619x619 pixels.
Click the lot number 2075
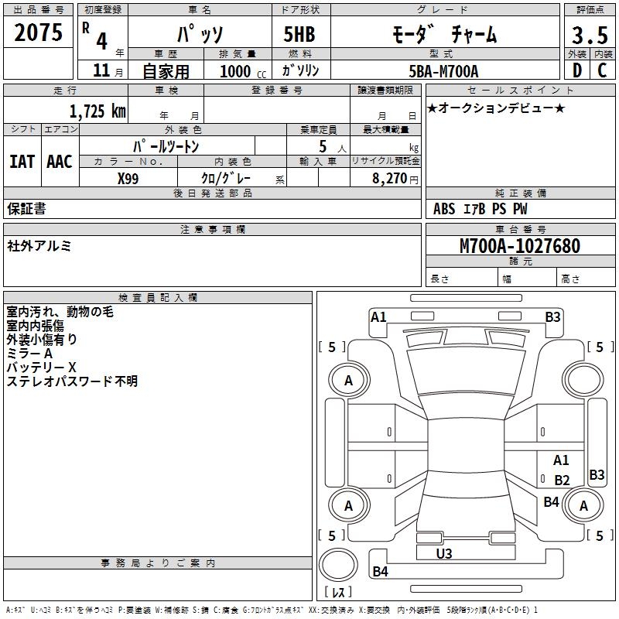tap(39, 33)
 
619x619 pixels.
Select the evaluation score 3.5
tap(589, 35)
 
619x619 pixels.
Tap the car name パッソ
tap(199, 34)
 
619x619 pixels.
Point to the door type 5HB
tap(299, 34)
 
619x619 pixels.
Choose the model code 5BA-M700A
tap(443, 71)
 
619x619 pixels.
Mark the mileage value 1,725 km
tap(97, 111)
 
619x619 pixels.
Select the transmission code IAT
tap(22, 162)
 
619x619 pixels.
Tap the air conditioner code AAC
tap(59, 162)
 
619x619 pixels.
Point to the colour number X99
tap(128, 178)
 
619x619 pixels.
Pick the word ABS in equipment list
tap(444, 209)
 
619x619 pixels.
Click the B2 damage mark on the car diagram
tap(562, 480)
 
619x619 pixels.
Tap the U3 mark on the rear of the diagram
tap(444, 553)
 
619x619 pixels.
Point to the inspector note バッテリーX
tap(41, 367)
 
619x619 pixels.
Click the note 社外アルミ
tap(39, 246)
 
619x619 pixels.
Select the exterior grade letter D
tap(576, 71)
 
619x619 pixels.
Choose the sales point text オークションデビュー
tap(496, 108)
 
